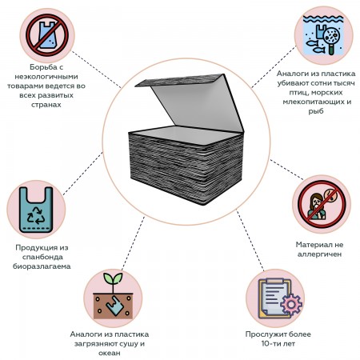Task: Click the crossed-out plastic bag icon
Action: click(47, 35)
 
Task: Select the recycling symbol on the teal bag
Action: click(36, 215)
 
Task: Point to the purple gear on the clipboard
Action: click(291, 304)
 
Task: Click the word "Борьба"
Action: click(42, 67)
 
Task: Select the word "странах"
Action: click(46, 105)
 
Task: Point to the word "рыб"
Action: click(316, 111)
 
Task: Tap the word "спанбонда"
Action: click(42, 257)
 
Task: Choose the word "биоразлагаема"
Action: click(42, 266)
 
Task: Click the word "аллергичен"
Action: click(319, 254)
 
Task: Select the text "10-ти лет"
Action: click(278, 343)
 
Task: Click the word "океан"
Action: click(110, 353)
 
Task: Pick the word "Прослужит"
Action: click(264, 334)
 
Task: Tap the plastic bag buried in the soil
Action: click(115, 306)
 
